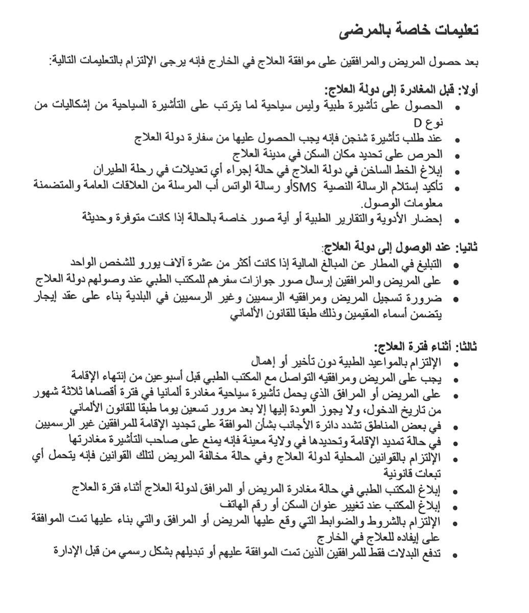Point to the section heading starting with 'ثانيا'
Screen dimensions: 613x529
coord(399,248)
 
